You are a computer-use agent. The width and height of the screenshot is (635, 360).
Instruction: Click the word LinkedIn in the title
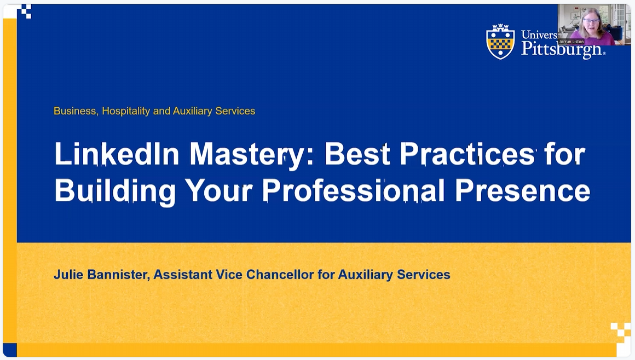coord(117,154)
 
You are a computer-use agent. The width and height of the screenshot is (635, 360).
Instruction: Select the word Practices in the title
coord(467,154)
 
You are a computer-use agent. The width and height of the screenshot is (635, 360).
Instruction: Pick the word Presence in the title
coord(522,191)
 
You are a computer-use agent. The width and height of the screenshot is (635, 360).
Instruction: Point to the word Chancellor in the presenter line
coord(280,275)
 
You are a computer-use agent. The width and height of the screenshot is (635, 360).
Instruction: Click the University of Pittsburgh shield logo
coord(500,42)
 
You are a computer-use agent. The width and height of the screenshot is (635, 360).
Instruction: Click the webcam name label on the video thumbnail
coord(571,42)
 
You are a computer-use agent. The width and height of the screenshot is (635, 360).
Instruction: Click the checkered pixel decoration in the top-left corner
coord(24,11)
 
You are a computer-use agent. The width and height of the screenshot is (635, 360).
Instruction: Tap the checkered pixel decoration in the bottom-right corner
coord(621,332)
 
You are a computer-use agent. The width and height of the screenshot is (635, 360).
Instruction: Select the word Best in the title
coord(357,154)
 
